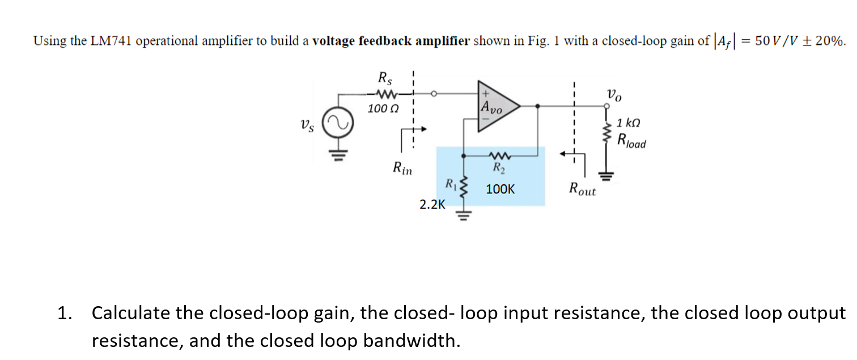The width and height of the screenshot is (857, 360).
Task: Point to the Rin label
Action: pyautogui.click(x=403, y=168)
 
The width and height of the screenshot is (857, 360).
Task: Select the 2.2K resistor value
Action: pyautogui.click(x=432, y=205)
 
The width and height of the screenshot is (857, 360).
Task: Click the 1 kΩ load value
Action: pyautogui.click(x=629, y=122)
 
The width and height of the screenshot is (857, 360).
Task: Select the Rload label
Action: pyautogui.click(x=631, y=140)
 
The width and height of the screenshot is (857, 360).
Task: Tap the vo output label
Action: pyautogui.click(x=613, y=95)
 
